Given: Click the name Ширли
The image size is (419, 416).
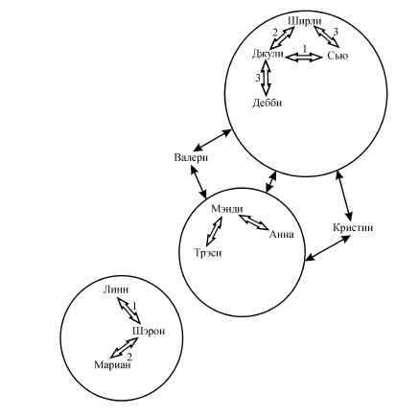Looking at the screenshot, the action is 305,22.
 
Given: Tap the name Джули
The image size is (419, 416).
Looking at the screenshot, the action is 268,55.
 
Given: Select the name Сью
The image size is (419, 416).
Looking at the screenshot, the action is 338,56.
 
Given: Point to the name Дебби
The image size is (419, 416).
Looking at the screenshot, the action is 267,103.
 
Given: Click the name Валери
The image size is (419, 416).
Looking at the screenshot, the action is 191,157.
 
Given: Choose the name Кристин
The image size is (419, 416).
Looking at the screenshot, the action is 353,227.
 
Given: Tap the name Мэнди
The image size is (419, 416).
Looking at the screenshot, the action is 227,209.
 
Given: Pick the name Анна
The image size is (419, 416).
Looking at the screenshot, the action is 282,235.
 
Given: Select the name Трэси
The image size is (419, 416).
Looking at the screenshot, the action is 208,253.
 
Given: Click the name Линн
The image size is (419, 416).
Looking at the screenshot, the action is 116,289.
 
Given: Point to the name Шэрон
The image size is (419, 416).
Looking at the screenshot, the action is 149,332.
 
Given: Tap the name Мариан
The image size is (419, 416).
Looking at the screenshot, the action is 112,365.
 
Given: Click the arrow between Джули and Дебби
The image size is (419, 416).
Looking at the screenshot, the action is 266,78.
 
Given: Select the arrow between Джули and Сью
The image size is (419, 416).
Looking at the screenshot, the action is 304,58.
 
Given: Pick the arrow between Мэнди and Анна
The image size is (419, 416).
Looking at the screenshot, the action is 254,222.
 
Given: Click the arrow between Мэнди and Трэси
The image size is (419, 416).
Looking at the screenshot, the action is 214,231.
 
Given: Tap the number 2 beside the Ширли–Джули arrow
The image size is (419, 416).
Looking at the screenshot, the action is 275,33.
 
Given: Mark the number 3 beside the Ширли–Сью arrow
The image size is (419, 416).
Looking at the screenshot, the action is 336,32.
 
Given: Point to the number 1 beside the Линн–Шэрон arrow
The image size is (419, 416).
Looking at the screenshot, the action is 134,306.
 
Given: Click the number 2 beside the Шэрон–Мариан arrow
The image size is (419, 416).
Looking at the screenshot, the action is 129,357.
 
